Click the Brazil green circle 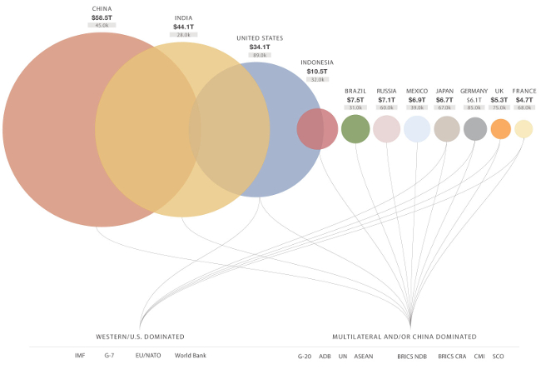point(355,129)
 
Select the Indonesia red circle point(317,129)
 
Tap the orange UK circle point(500,129)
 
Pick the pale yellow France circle point(524,129)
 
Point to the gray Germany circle point(475,129)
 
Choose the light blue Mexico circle point(417,129)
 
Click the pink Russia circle point(386,129)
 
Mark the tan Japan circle point(446,129)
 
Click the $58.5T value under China point(102,17)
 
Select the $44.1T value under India point(184,27)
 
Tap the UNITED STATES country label point(260,37)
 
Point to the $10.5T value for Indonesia point(317,71)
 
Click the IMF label point(80,356)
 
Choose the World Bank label point(190,356)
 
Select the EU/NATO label point(147,356)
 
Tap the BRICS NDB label point(411,356)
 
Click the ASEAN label point(364,356)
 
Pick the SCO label point(498,356)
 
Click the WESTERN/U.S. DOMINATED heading point(139,337)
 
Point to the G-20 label point(305,356)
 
